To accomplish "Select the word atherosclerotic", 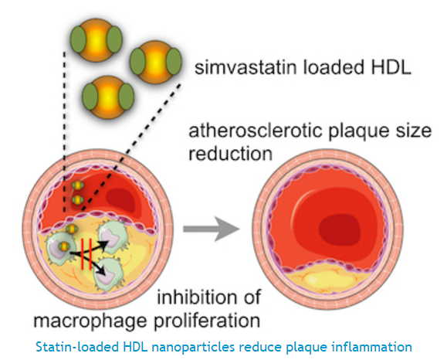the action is click(256, 131).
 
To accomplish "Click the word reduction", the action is click(230, 154).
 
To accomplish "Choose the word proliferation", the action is click(207, 321).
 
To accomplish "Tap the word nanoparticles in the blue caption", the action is click(193, 347).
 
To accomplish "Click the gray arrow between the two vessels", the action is click(212, 229).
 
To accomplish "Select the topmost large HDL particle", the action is click(97, 39).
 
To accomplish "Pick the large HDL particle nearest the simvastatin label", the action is click(155, 62).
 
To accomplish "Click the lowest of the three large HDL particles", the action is click(108, 97).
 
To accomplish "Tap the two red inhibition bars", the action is click(86, 254).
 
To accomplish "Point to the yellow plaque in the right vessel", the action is click(327, 279).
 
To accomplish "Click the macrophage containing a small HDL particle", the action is click(61, 247).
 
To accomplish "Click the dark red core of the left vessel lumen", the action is click(120, 200).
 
